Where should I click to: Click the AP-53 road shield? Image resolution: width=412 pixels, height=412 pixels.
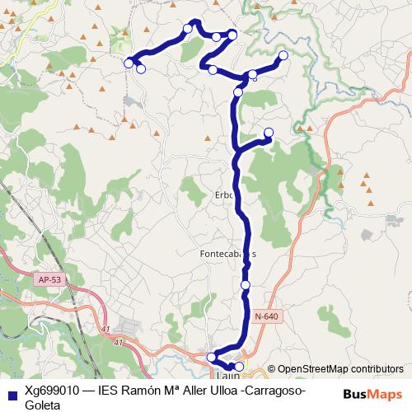(x=49, y=280)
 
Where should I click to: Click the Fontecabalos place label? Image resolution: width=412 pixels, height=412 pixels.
(x=228, y=254)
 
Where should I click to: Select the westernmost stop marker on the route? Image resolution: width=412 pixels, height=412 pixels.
(x=129, y=63)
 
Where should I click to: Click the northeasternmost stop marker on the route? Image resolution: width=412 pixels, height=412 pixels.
(x=283, y=55)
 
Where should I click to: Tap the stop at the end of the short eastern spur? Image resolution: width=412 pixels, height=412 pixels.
(x=268, y=133)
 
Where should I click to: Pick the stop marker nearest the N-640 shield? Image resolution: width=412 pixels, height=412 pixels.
(x=245, y=284)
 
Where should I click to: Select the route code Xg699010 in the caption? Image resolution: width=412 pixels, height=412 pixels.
(x=51, y=389)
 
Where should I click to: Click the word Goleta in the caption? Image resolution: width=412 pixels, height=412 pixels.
(x=41, y=404)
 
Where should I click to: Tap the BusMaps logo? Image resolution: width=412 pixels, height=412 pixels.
(x=372, y=392)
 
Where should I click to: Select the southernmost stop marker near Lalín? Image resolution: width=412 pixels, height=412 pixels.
(x=240, y=366)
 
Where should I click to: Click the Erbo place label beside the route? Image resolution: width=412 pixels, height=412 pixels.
(x=225, y=196)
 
